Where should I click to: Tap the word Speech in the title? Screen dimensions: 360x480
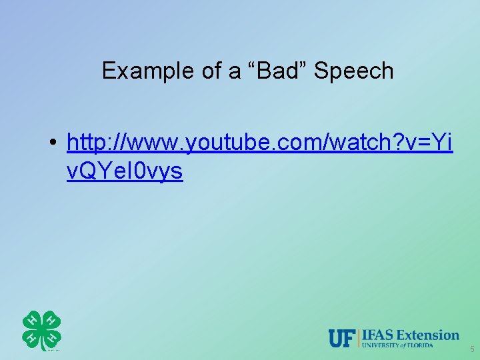click(x=353, y=71)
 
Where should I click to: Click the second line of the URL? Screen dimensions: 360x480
click(x=125, y=171)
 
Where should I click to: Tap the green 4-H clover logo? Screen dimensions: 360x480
click(x=41, y=330)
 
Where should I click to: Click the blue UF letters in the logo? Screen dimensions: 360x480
click(x=343, y=338)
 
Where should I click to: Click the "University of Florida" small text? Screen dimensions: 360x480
click(x=397, y=345)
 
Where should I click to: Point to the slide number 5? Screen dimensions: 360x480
click(x=472, y=349)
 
